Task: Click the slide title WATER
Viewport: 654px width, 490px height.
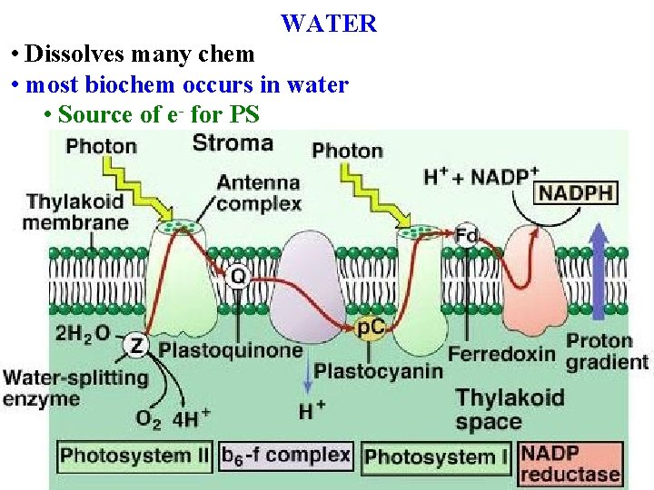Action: point(328,24)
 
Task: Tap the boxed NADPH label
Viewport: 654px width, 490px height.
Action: point(577,192)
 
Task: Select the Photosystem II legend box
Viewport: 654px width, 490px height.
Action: point(135,455)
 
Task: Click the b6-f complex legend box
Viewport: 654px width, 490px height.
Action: point(286,455)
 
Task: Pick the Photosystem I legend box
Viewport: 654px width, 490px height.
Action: point(437,456)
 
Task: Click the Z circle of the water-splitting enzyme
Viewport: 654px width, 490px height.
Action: point(135,345)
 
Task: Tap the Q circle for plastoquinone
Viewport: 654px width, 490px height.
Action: point(238,273)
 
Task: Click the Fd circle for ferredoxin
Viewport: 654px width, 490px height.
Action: point(467,235)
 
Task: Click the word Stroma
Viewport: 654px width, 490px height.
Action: point(233,143)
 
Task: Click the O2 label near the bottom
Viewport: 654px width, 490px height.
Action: point(149,418)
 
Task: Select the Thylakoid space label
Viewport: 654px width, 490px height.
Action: point(510,409)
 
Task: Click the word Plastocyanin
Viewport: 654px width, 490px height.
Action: point(379,370)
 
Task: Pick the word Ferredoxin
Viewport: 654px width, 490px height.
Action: point(501,353)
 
